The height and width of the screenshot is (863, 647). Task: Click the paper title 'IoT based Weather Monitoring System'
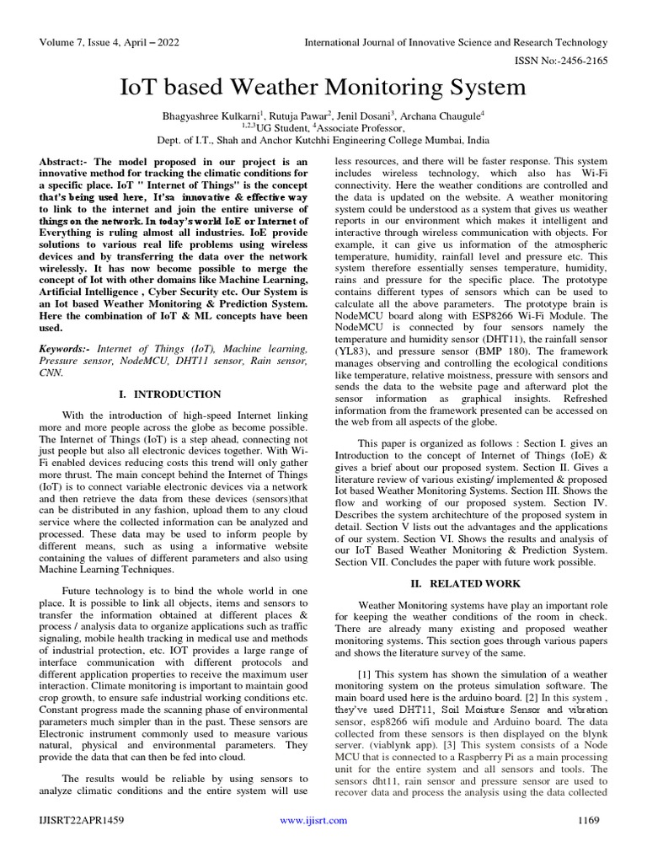coord(323,88)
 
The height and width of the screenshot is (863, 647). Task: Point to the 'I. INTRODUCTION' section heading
coord(174,394)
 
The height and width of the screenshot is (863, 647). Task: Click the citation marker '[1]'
coord(365,674)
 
